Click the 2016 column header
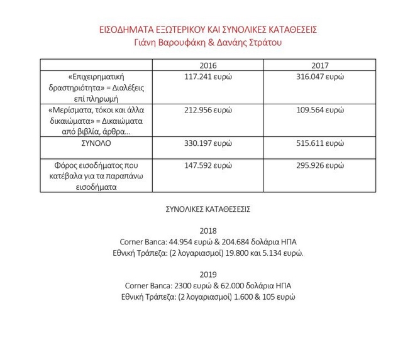click(x=208, y=65)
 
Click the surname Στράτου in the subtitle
click(x=263, y=43)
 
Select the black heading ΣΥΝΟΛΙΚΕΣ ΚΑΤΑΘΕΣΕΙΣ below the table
click(x=207, y=209)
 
